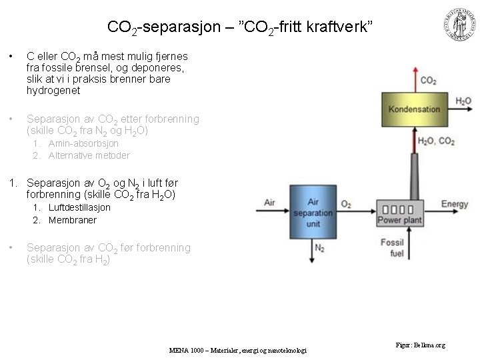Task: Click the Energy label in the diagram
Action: pyautogui.click(x=454, y=204)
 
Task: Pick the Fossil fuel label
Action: pyautogui.click(x=393, y=248)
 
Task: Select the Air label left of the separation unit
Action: pyautogui.click(x=270, y=202)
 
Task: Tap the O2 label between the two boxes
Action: pyautogui.click(x=346, y=204)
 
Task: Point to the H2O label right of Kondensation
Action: pyautogui.click(x=463, y=101)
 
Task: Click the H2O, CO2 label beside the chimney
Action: pyautogui.click(x=436, y=141)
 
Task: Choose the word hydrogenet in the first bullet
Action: pyautogui.click(x=53, y=90)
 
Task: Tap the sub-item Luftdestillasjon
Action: pyautogui.click(x=79, y=207)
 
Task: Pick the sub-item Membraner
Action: pyautogui.click(x=73, y=220)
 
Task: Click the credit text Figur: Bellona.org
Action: pyautogui.click(x=420, y=345)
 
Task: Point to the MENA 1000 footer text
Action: pyautogui.click(x=237, y=349)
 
